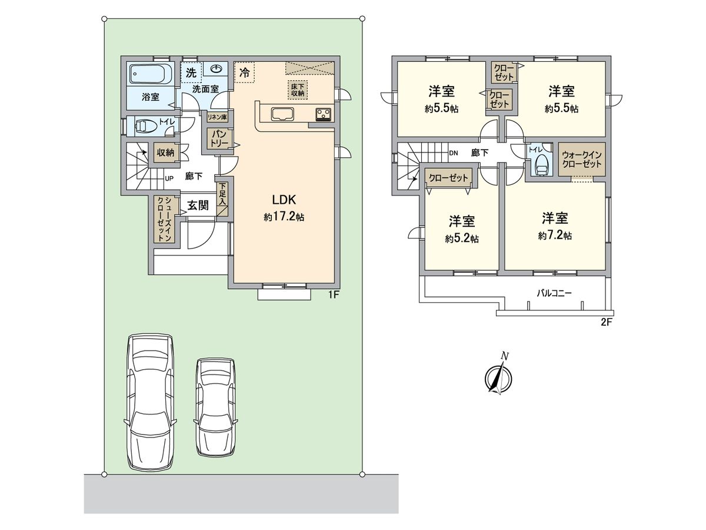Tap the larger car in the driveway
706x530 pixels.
[x=151, y=402]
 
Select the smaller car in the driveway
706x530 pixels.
[x=217, y=406]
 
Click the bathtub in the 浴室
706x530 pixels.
[x=150, y=74]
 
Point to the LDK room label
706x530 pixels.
[x=283, y=199]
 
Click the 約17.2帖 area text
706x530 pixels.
[x=284, y=217]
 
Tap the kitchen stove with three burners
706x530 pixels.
[x=323, y=113]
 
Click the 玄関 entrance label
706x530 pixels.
[x=198, y=206]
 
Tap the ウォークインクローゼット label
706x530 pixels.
[x=581, y=160]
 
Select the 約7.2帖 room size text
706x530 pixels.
[x=554, y=236]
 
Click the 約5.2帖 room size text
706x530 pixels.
[x=462, y=238]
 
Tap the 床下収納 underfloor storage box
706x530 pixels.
[x=297, y=90]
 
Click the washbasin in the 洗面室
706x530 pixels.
[x=216, y=69]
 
